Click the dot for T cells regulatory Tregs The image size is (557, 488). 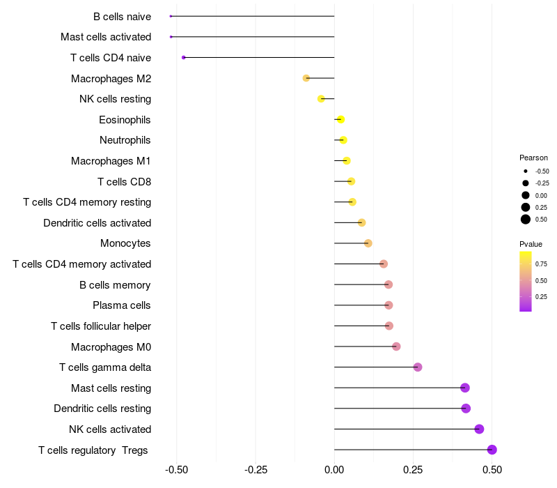[492, 450]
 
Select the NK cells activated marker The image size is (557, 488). [479, 429]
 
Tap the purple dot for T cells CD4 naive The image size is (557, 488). [183, 57]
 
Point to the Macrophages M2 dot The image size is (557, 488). [306, 78]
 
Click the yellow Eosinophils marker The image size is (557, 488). [340, 120]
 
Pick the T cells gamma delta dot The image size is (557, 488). [418, 367]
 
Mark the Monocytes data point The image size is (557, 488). [368, 243]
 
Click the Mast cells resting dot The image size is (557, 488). [465, 388]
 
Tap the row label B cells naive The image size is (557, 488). [122, 16]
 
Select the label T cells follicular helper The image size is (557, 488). [101, 326]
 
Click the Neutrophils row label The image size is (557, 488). [125, 140]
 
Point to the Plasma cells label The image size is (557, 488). [122, 305]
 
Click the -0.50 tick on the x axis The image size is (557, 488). [177, 470]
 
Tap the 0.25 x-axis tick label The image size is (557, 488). [414, 470]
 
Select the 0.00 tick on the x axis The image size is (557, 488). [334, 470]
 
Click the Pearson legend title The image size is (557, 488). [533, 158]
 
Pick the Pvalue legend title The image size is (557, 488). [531, 244]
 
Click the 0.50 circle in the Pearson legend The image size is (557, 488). [526, 220]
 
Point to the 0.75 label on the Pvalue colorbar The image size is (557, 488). [541, 264]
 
